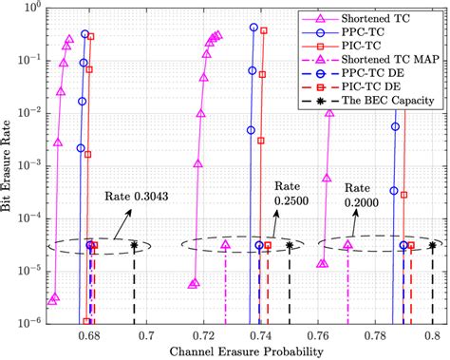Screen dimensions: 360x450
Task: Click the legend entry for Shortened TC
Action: point(385,15)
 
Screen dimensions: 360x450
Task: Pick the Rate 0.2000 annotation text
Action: point(366,195)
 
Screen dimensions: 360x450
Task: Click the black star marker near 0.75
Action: point(290,245)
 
